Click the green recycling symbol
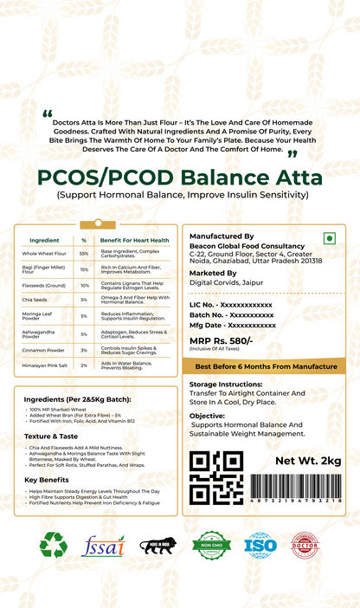click(54, 546)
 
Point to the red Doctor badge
click(306, 546)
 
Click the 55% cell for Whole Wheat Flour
click(84, 254)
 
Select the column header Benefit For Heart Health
click(134, 239)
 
